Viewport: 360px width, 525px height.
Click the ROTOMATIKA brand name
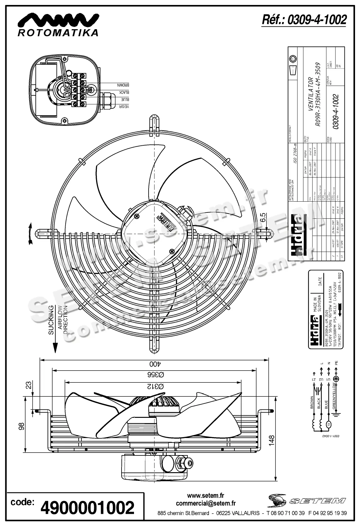point(58,33)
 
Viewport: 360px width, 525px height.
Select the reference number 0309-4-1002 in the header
point(304,20)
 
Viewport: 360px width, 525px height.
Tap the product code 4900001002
point(88,508)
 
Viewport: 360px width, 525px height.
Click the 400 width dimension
point(154,364)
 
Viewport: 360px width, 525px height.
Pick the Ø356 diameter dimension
point(155,375)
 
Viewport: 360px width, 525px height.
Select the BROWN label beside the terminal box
point(123,85)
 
